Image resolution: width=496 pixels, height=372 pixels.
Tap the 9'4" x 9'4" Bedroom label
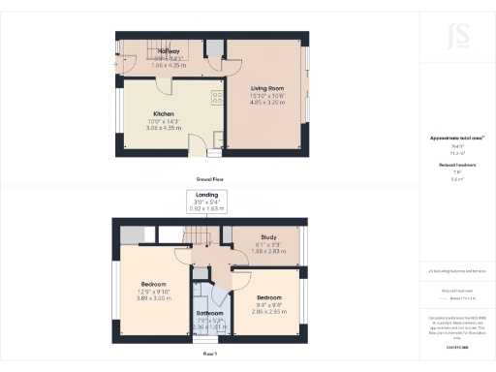pos(268,297)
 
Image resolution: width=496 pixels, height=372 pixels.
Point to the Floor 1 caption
pos(209,355)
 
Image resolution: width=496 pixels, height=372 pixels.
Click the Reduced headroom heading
pos(456,166)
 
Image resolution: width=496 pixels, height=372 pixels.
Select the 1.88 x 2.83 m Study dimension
pos(268,251)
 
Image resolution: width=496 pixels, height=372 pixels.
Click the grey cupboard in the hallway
pos(211,49)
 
